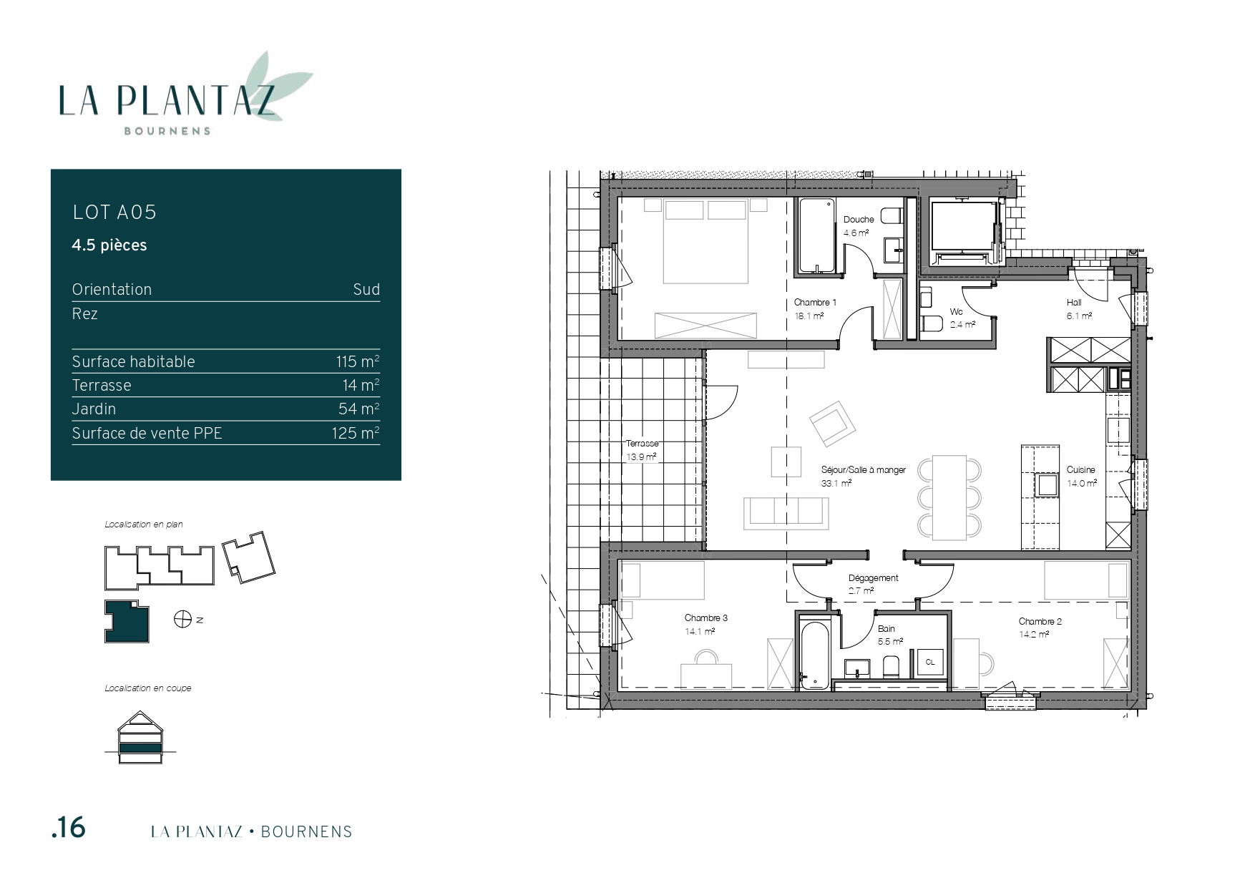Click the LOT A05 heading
(114, 212)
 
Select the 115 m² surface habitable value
(358, 361)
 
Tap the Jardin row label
(94, 409)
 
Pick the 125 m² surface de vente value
(356, 433)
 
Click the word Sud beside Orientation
(366, 289)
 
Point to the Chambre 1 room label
(815, 303)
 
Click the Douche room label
(859, 220)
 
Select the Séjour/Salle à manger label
(863, 470)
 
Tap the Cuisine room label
(1080, 470)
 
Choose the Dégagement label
(873, 578)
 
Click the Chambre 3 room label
(705, 618)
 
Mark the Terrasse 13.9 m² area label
(642, 450)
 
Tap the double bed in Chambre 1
(705, 241)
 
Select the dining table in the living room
(949, 498)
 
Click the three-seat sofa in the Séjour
(786, 513)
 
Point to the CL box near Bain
(930, 663)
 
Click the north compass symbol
(182, 619)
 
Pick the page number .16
(69, 828)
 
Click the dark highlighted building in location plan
(127, 621)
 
